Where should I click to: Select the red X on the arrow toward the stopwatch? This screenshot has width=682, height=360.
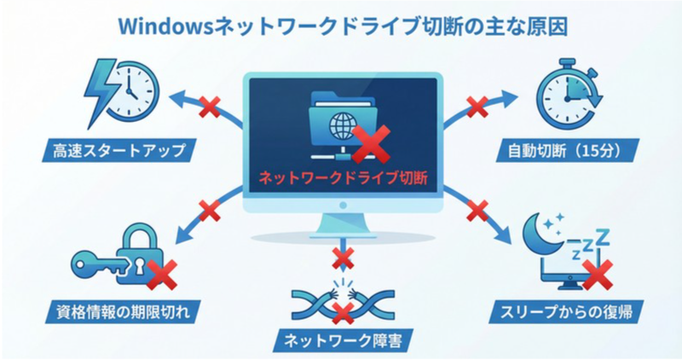[x=477, y=107]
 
